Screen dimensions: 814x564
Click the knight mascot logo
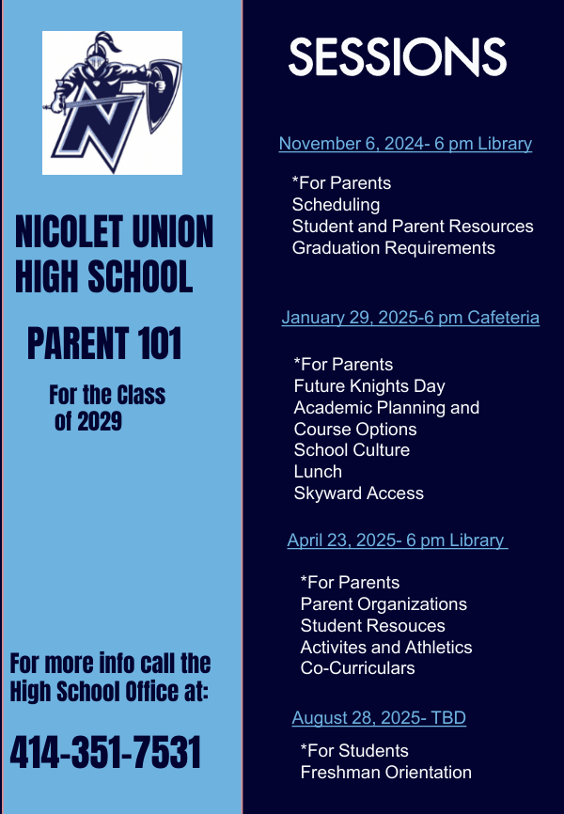[112, 103]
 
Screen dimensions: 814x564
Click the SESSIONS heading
[397, 57]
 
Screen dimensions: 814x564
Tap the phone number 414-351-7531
[105, 752]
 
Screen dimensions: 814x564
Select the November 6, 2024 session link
[405, 144]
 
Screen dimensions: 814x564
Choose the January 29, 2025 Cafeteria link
[410, 318]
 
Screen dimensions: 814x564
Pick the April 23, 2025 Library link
[396, 540]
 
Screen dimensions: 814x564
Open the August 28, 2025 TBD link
[379, 718]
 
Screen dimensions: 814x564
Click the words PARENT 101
[104, 344]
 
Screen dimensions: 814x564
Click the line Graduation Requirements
[393, 248]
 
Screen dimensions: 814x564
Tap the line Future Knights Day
[369, 385]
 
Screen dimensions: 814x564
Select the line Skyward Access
[358, 493]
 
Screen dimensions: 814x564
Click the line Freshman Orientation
[385, 772]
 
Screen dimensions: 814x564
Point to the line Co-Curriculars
[357, 668]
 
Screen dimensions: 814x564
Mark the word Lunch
[318, 471]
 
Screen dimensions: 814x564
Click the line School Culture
[352, 449]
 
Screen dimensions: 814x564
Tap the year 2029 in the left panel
[99, 422]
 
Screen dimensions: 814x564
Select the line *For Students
[353, 750]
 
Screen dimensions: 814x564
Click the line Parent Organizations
[384, 603]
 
